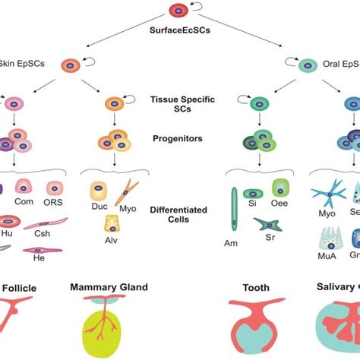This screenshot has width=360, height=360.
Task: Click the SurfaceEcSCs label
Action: click(x=179, y=32)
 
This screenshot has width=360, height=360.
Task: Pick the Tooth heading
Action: click(x=254, y=289)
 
